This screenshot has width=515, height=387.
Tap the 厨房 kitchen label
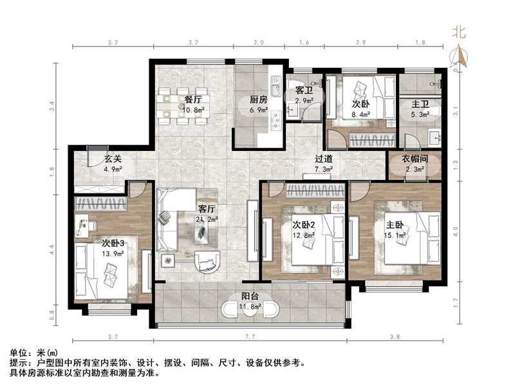click(x=259, y=100)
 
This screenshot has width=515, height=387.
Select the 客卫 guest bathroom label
click(x=304, y=91)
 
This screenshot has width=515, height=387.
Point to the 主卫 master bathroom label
click(x=420, y=104)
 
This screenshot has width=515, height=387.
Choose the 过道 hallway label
click(x=324, y=159)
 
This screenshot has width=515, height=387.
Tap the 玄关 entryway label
click(x=113, y=161)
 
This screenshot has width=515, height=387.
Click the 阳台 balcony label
click(x=250, y=297)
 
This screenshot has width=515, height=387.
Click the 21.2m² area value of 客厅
click(x=207, y=219)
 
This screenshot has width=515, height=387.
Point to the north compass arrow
click(x=460, y=57)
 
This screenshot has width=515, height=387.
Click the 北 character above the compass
click(x=459, y=31)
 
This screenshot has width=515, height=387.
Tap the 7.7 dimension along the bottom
click(x=252, y=337)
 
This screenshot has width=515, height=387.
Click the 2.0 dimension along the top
click(x=259, y=42)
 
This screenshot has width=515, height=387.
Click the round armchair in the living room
click(x=207, y=261)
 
